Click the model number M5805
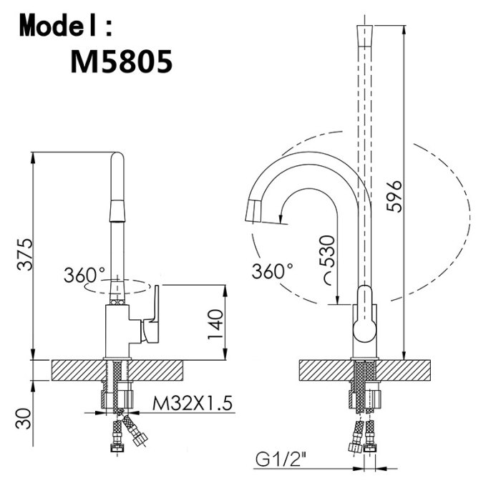point(121,62)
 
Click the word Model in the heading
point(60,26)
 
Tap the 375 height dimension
point(24,254)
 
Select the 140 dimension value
point(215,324)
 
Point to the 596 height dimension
point(394,196)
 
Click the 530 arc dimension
point(327,253)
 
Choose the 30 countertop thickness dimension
point(24,419)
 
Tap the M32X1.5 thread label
point(192,403)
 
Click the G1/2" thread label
point(278,459)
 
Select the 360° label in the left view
point(84,274)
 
